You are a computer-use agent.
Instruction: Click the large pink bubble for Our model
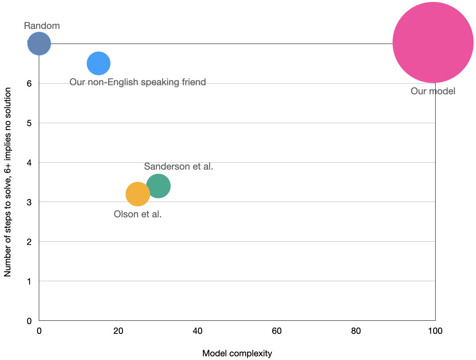[x=433, y=42]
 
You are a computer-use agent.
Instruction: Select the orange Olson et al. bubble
[x=138, y=194]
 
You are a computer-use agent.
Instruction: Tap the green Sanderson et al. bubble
[x=158, y=186]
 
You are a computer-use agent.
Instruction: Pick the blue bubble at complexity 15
[x=99, y=63]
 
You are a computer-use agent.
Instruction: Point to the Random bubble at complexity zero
[x=39, y=44]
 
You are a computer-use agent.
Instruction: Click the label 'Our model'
[x=433, y=91]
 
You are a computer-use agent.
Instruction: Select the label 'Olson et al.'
[x=138, y=215]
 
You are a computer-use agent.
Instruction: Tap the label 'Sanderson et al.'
[x=179, y=166]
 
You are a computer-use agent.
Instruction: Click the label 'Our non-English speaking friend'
[x=138, y=82]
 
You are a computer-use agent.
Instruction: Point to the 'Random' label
[x=42, y=26]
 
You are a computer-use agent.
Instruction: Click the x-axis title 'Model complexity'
[x=237, y=353]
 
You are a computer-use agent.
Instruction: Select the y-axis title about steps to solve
[x=8, y=182]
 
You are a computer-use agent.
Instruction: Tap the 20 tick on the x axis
[x=118, y=331]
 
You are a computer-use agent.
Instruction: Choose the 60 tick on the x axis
[x=277, y=331]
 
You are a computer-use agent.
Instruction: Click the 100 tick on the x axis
[x=435, y=331]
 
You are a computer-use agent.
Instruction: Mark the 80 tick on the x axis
[x=356, y=331]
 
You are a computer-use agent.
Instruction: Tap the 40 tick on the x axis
[x=198, y=331]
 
